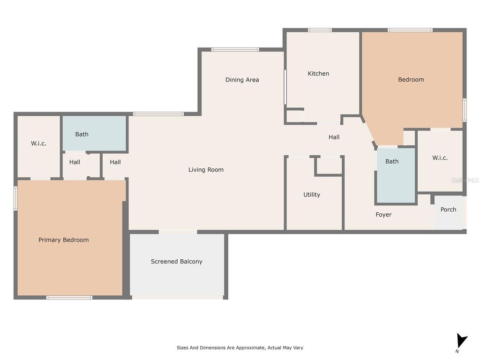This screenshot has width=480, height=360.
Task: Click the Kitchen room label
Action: (318, 74)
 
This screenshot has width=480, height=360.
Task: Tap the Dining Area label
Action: (242, 80)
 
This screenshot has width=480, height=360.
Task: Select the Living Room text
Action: (206, 170)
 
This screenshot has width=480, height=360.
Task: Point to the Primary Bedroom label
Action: (63, 240)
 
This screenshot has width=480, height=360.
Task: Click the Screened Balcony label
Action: (176, 262)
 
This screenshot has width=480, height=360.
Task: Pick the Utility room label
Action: (312, 195)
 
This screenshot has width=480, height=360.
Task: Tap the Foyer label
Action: (383, 215)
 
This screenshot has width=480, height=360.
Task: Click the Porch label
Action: (448, 210)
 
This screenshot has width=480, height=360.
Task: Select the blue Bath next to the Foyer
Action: (392, 161)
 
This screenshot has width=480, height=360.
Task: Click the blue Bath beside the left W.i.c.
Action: (82, 134)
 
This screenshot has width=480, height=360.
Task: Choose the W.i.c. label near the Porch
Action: (440, 158)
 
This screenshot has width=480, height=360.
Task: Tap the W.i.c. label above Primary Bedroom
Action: (38, 143)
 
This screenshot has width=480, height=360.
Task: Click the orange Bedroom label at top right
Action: (411, 80)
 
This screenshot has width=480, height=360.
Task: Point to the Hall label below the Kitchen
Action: (334, 137)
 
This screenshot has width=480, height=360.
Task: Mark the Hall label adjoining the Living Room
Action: (115, 162)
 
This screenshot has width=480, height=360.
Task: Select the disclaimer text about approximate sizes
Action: (240, 348)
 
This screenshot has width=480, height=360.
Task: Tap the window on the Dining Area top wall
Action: (234, 49)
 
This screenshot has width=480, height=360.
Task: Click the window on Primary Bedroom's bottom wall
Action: (69, 297)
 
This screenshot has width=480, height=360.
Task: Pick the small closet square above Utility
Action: (328, 165)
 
